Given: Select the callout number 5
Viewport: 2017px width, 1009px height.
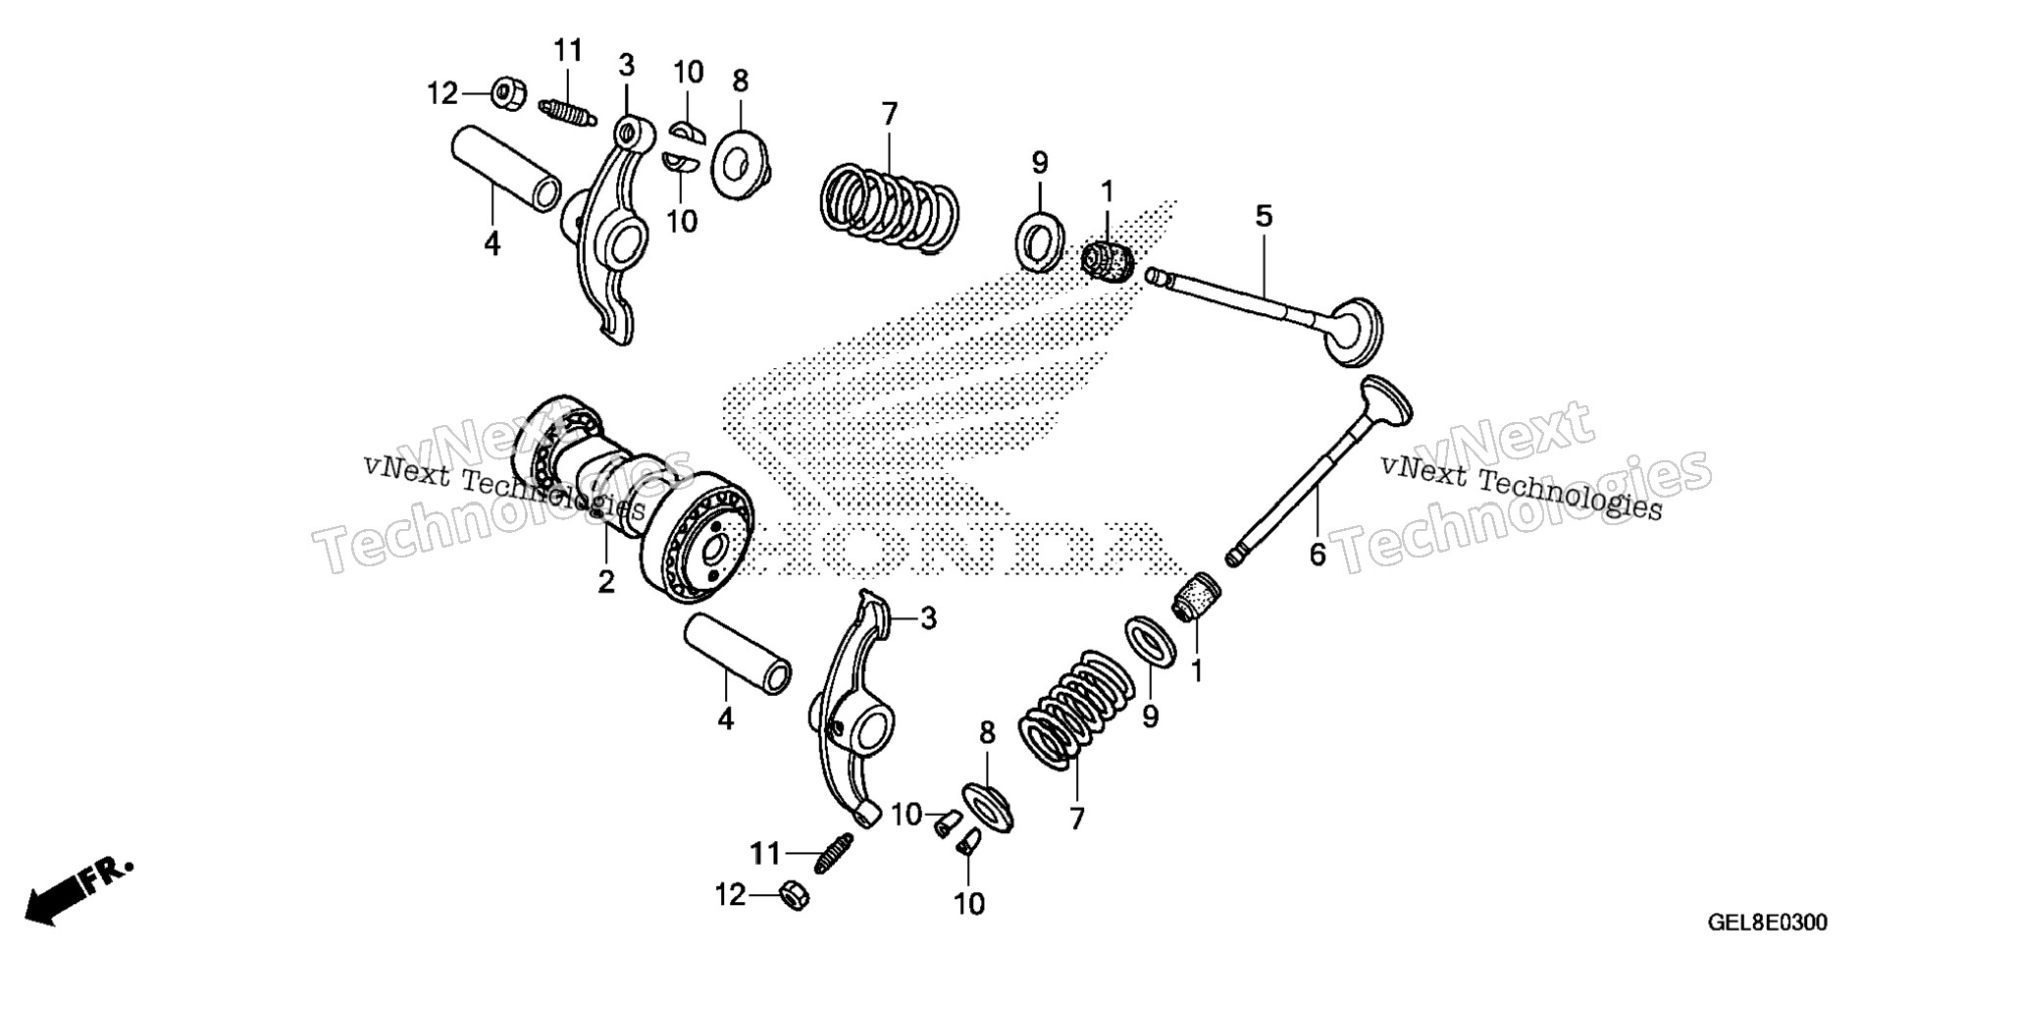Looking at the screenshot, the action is pyautogui.click(x=1264, y=216).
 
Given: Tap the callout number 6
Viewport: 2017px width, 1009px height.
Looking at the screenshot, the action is pyautogui.click(x=1318, y=556).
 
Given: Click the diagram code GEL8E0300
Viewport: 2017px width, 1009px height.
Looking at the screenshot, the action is pyautogui.click(x=1767, y=923).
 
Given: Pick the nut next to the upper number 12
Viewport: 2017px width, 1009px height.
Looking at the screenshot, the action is pyautogui.click(x=507, y=94).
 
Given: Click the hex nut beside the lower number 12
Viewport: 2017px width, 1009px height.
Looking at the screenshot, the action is pyautogui.click(x=795, y=895).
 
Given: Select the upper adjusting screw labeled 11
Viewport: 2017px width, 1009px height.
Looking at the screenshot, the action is pyautogui.click(x=567, y=112).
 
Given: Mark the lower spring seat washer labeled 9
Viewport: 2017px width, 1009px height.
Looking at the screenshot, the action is pyautogui.click(x=1151, y=642).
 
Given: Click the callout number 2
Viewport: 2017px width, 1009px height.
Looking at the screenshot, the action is pyautogui.click(x=606, y=581).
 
